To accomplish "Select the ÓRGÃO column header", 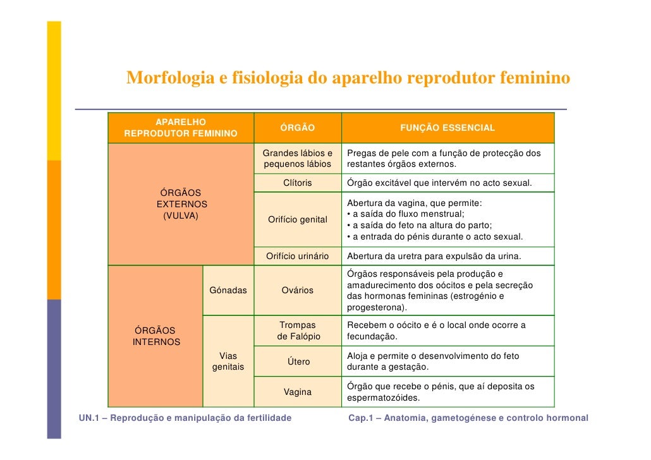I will point(297,128).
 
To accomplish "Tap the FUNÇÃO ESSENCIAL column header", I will point(447,128).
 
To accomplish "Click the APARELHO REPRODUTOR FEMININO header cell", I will point(181,128).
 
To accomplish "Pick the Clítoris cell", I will point(297,183).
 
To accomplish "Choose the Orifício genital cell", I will point(298,219).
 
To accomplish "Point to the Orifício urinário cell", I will point(297,256).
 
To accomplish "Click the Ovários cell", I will point(297,290).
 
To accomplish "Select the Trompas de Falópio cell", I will point(298,330).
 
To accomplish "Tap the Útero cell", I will point(298,361).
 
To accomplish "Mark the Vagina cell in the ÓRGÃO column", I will point(297,392).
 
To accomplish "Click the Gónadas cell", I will point(228,290).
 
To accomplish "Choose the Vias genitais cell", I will point(228,361).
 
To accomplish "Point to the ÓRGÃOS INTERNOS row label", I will point(155,336).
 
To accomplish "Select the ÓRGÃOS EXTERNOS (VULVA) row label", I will point(181,204).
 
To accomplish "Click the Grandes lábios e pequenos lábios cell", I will point(297,159).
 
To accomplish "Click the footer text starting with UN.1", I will point(185,418).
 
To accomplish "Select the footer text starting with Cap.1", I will point(468,418).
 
